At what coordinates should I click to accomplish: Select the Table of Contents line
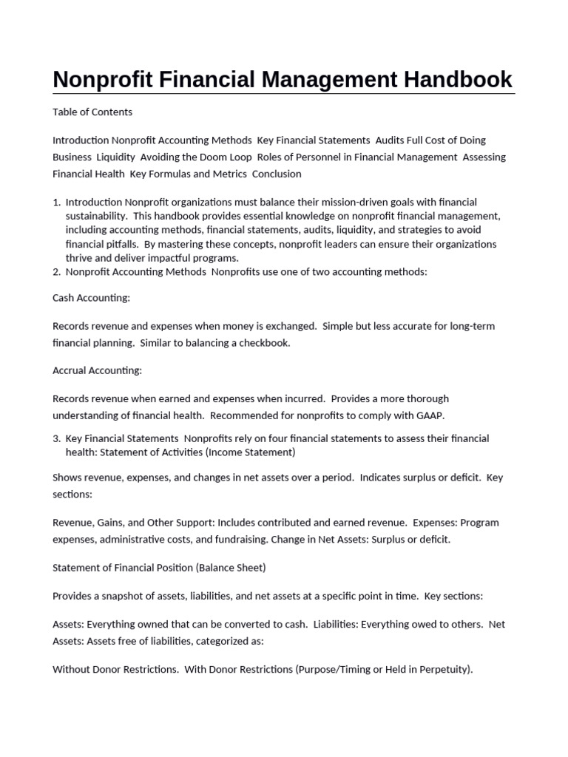[92, 112]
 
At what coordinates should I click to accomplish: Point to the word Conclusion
[277, 174]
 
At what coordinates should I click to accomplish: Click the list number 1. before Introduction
[56, 203]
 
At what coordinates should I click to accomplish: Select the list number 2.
[56, 272]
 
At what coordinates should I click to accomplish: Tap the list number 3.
[56, 439]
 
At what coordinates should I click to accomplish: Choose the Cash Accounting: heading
[91, 298]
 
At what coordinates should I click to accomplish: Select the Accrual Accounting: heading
[97, 370]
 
